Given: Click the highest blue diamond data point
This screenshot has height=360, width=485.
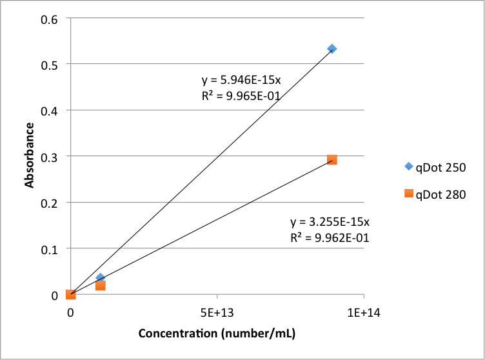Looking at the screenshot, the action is tap(332, 48).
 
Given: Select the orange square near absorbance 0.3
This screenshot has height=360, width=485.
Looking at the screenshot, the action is tap(332, 160).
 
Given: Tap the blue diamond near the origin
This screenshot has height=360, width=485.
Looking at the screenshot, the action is tap(100, 277).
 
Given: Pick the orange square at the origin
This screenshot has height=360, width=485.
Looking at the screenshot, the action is tap(70, 295).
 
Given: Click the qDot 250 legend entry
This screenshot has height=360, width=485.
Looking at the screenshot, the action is tap(435, 167).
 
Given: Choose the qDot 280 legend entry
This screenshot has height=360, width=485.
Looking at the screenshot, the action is tap(435, 194).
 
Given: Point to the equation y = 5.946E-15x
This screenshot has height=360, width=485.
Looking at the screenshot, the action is tap(241, 80).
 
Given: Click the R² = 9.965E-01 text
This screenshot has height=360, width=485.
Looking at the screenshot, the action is tap(241, 95).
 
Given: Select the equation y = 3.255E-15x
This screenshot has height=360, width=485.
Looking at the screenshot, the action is tap(330, 222).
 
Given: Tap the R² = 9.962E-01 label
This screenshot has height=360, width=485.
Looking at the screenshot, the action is tap(330, 237).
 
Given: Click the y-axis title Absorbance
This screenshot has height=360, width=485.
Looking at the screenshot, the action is tap(29, 155).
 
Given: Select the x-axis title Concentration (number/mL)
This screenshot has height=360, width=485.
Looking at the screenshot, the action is tap(217, 334).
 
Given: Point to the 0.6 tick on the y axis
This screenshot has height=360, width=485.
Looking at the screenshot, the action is tap(49, 19).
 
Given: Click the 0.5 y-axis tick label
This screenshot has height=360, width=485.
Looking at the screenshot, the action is tap(49, 65).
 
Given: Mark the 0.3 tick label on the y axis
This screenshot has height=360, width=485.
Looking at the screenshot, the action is tap(49, 157).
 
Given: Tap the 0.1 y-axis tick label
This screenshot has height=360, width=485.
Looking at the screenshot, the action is tap(49, 250).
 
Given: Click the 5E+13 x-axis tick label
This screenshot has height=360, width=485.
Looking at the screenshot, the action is tap(217, 313).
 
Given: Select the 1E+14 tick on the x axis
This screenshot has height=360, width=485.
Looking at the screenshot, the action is tap(364, 313).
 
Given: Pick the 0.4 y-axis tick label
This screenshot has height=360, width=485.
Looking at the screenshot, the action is tap(49, 111).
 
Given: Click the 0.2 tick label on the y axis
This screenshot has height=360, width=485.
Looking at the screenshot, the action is tap(49, 203).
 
